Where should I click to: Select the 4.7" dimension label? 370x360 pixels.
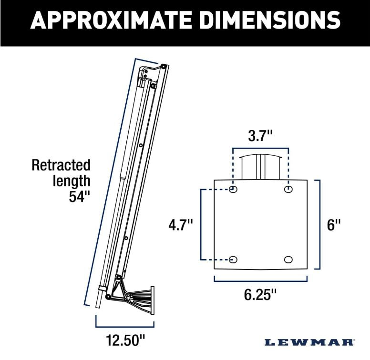pos(181,225)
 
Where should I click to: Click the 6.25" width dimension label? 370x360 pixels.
pos(260,295)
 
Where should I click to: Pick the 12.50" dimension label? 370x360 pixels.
pos(125,340)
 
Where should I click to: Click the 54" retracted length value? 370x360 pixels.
pos(79,196)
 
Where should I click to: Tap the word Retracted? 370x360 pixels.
pos(61,165)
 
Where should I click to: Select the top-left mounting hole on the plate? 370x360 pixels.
pos(233,190)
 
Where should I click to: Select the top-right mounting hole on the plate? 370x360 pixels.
pos(288,190)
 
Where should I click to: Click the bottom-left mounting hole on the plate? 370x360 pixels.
pos(233,260)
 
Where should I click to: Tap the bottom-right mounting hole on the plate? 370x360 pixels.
pos(288,260)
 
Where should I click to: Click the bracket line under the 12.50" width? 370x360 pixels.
pos(125,327)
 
